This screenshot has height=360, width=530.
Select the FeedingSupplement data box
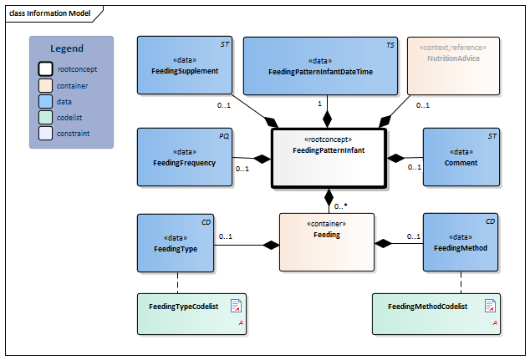point(184,66)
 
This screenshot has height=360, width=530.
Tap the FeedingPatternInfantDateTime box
point(320,66)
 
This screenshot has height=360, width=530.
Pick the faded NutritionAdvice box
point(453,66)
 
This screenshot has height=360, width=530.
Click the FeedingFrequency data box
point(184,157)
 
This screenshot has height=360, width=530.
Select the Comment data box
point(461,157)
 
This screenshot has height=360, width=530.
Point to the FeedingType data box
point(176,242)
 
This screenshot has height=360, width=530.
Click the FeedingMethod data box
point(461,242)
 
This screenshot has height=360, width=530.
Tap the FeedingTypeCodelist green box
point(191,313)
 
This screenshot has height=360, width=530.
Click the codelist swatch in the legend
point(45,118)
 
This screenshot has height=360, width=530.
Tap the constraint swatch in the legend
point(45,134)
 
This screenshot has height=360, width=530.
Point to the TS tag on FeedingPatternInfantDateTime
point(390,44)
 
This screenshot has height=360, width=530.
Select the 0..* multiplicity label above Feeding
point(341,205)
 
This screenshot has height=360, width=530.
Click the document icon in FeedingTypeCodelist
point(237,305)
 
